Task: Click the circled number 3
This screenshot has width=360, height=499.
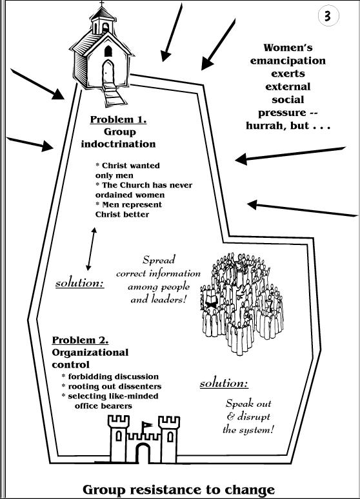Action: [x=328, y=15]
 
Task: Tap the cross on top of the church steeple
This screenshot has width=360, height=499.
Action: [x=102, y=3]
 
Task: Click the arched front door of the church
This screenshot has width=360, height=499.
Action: [x=108, y=72]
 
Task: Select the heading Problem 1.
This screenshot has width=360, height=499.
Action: [x=118, y=119]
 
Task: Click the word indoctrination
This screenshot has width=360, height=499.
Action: [x=118, y=144]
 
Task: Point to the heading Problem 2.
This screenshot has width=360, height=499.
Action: [x=80, y=340]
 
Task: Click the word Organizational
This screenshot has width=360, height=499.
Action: [x=90, y=352]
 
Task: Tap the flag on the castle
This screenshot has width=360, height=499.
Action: [x=146, y=425]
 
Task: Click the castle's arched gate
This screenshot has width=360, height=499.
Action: [x=143, y=453]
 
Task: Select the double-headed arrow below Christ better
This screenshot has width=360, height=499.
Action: [x=91, y=249]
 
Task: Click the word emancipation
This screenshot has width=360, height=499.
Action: [x=288, y=61]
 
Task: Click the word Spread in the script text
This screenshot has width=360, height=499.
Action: [x=159, y=260]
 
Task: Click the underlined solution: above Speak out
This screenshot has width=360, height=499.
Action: [x=224, y=384]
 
